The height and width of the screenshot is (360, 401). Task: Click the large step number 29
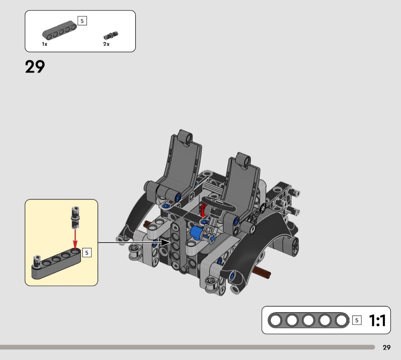(x=35, y=67)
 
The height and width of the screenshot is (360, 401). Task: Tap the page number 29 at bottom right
(x=386, y=347)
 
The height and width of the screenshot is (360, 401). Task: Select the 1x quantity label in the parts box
(x=45, y=44)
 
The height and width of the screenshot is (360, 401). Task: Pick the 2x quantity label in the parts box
(x=107, y=44)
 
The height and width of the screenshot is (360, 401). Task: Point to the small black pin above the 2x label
(x=111, y=36)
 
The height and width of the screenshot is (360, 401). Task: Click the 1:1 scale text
(x=377, y=320)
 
